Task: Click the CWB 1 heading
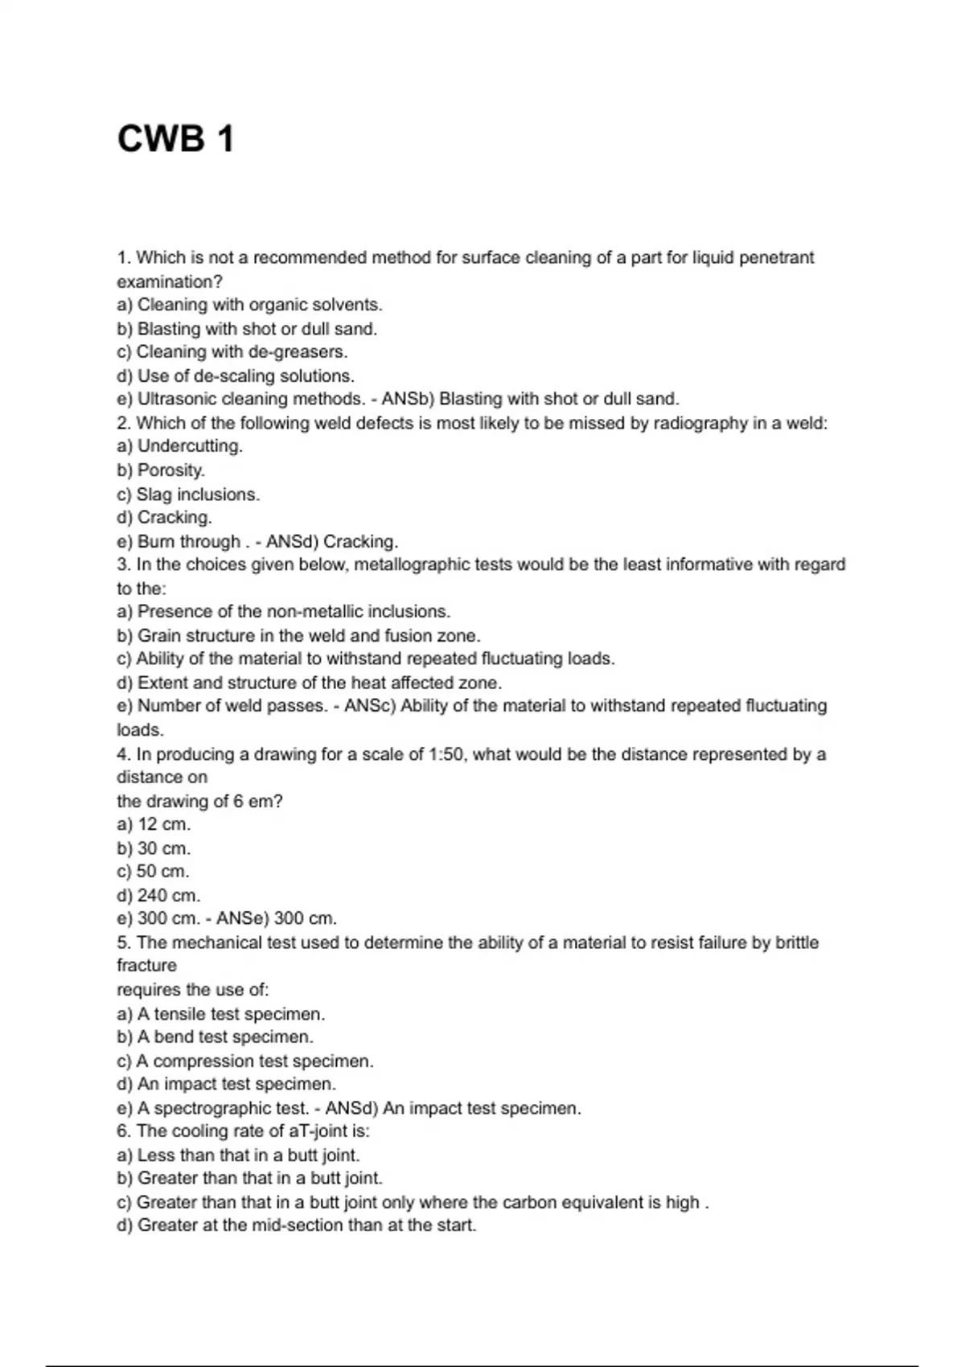click(176, 138)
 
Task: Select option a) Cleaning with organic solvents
click(249, 305)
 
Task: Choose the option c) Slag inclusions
click(188, 494)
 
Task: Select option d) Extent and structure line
click(309, 683)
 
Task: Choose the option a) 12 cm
click(154, 824)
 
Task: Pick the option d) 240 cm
click(158, 895)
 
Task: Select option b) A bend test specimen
click(215, 1037)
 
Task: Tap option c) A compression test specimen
click(245, 1061)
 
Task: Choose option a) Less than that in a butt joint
click(238, 1155)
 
